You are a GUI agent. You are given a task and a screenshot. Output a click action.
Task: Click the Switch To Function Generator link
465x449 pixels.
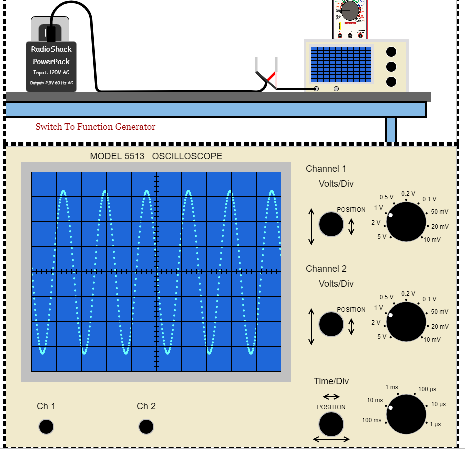tap(95, 127)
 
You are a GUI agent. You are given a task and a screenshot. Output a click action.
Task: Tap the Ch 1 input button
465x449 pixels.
tap(46, 427)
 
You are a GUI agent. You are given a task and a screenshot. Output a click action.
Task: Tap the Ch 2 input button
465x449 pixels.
tap(146, 427)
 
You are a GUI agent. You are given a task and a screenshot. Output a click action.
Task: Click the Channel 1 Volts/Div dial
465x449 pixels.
tap(406, 222)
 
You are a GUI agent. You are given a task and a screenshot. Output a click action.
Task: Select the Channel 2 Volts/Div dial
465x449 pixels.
tap(406, 322)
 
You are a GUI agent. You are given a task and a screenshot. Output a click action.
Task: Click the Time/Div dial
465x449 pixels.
tap(406, 414)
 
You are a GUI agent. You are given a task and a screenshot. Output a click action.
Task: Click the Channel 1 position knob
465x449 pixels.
tap(331, 224)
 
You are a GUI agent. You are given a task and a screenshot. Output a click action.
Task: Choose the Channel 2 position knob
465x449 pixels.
tap(331, 324)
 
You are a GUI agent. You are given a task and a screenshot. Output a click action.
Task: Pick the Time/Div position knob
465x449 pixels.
tap(331, 424)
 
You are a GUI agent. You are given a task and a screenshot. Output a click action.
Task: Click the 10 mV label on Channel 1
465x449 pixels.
tap(432, 240)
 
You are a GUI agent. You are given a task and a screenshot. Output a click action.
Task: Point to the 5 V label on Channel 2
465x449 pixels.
tap(382, 337)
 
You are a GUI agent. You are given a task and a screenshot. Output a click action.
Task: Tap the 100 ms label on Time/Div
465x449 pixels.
tap(371, 420)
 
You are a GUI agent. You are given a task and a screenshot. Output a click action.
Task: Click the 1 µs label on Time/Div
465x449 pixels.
tap(435, 424)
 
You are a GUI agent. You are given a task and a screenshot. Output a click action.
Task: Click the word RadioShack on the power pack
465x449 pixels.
tap(51, 49)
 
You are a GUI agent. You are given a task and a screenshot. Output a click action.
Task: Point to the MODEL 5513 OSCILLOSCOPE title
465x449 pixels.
tap(156, 156)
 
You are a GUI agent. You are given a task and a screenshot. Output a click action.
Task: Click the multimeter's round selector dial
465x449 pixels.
tap(349, 10)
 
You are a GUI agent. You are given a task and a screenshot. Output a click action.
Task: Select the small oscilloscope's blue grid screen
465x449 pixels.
tap(341, 64)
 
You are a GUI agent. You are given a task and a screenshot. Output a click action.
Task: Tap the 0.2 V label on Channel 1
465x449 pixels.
tap(408, 194)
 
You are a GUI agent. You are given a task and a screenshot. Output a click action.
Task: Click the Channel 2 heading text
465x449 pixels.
tap(326, 269)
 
